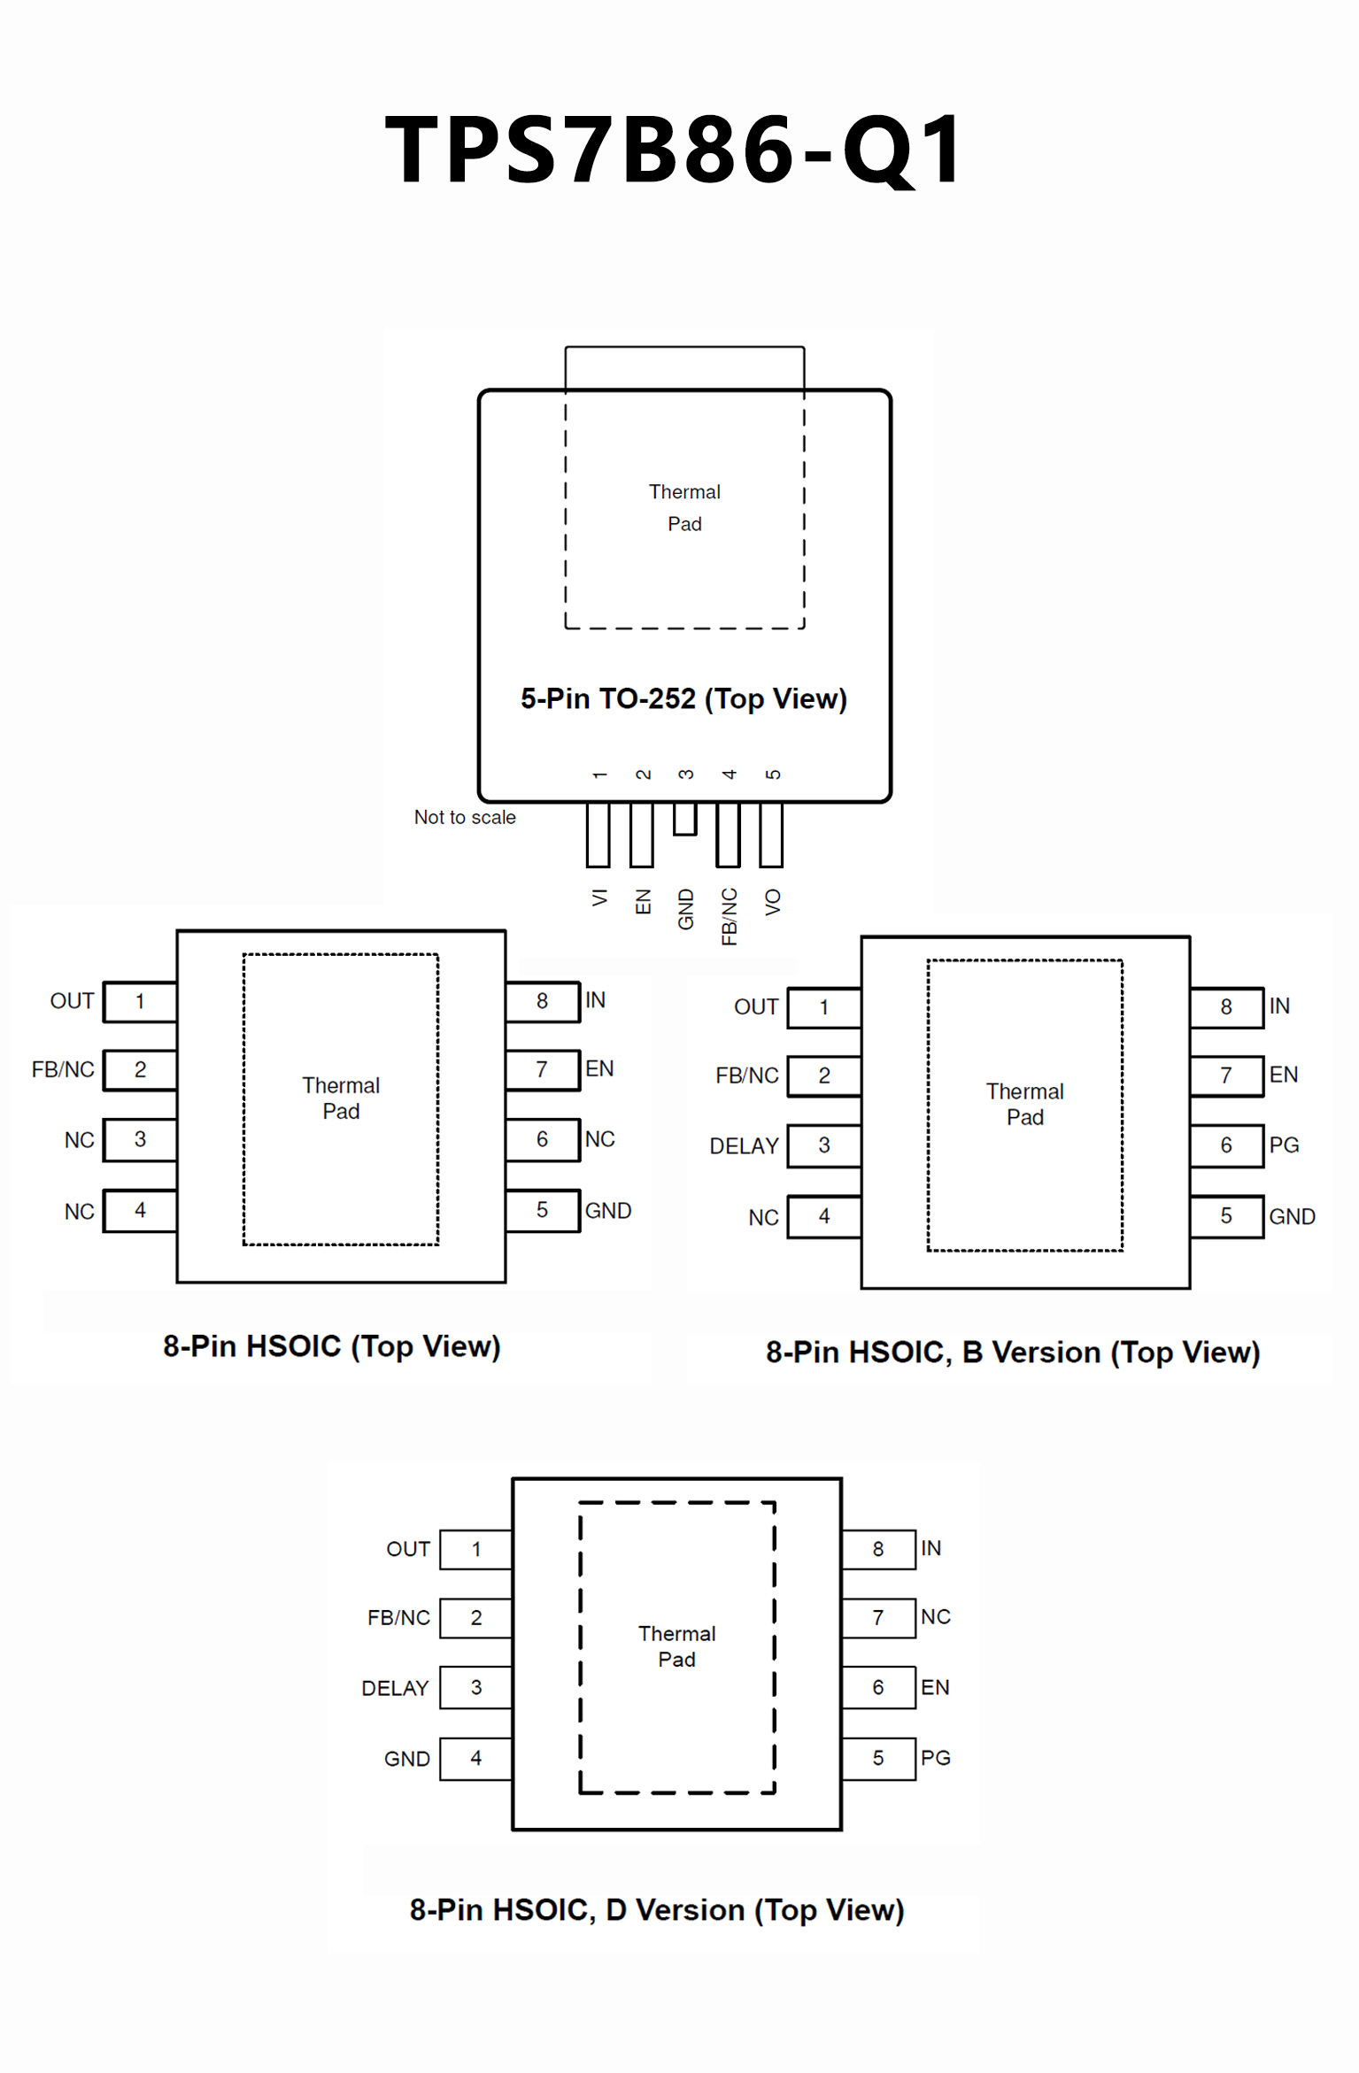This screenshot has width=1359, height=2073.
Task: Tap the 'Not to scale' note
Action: point(465,817)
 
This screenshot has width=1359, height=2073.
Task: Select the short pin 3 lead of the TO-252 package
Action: point(684,818)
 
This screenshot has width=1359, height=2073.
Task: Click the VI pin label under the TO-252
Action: point(599,898)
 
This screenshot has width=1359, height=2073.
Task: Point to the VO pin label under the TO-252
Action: point(773,902)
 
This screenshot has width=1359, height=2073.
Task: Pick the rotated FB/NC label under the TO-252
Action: point(729,917)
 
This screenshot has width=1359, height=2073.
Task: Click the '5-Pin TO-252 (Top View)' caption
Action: point(683,698)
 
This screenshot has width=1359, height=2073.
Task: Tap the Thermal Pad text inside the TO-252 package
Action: point(684,507)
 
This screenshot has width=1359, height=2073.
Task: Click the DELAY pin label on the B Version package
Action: point(744,1146)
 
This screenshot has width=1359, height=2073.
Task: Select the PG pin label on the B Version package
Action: point(1284,1145)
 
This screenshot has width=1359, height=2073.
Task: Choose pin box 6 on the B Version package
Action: point(1226,1145)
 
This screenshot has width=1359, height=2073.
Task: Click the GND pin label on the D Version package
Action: point(406,1759)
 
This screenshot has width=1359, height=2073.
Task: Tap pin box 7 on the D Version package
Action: point(878,1618)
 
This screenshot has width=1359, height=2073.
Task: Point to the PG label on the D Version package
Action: point(935,1758)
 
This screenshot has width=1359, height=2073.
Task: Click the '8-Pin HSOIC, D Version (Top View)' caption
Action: point(656,1910)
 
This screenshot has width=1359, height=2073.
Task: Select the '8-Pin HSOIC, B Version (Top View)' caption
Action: point(1013,1352)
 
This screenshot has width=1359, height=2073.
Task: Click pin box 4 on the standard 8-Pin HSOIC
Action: point(140,1210)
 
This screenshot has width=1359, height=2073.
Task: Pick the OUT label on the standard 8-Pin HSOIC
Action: point(72,1001)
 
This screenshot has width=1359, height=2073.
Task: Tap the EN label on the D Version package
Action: point(935,1687)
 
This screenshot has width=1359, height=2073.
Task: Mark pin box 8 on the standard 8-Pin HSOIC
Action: point(542,1001)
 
